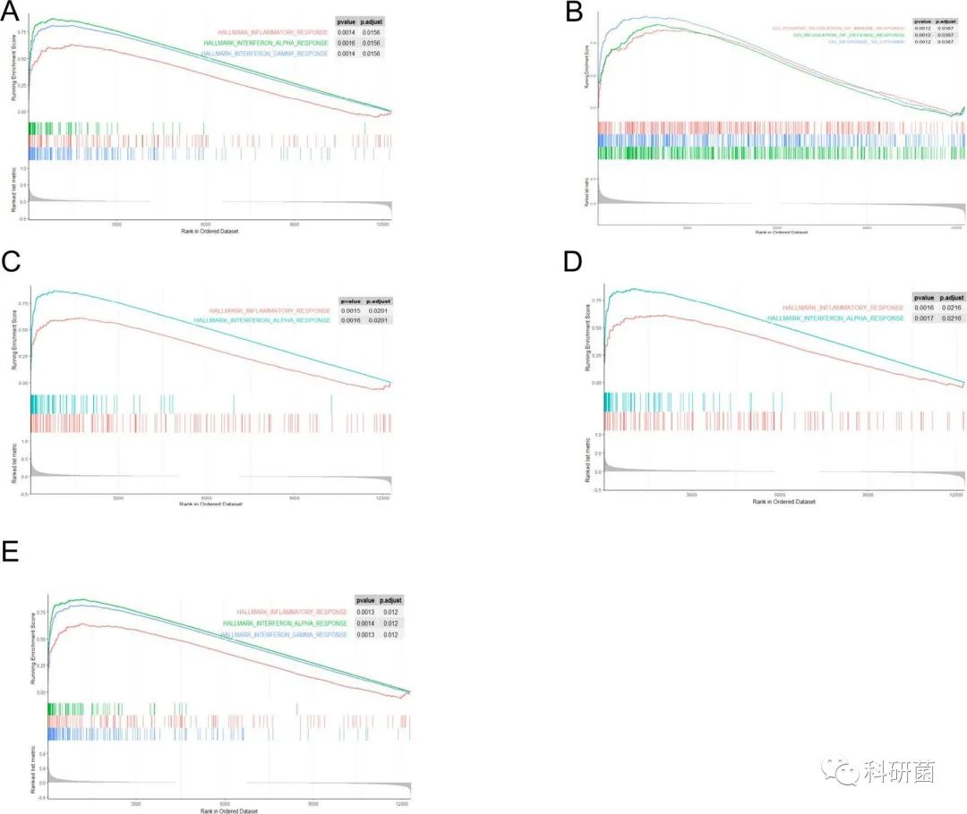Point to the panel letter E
[12, 551]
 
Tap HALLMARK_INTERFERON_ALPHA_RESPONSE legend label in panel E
[286, 623]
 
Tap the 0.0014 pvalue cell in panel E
[365, 623]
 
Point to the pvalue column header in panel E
[365, 600]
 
